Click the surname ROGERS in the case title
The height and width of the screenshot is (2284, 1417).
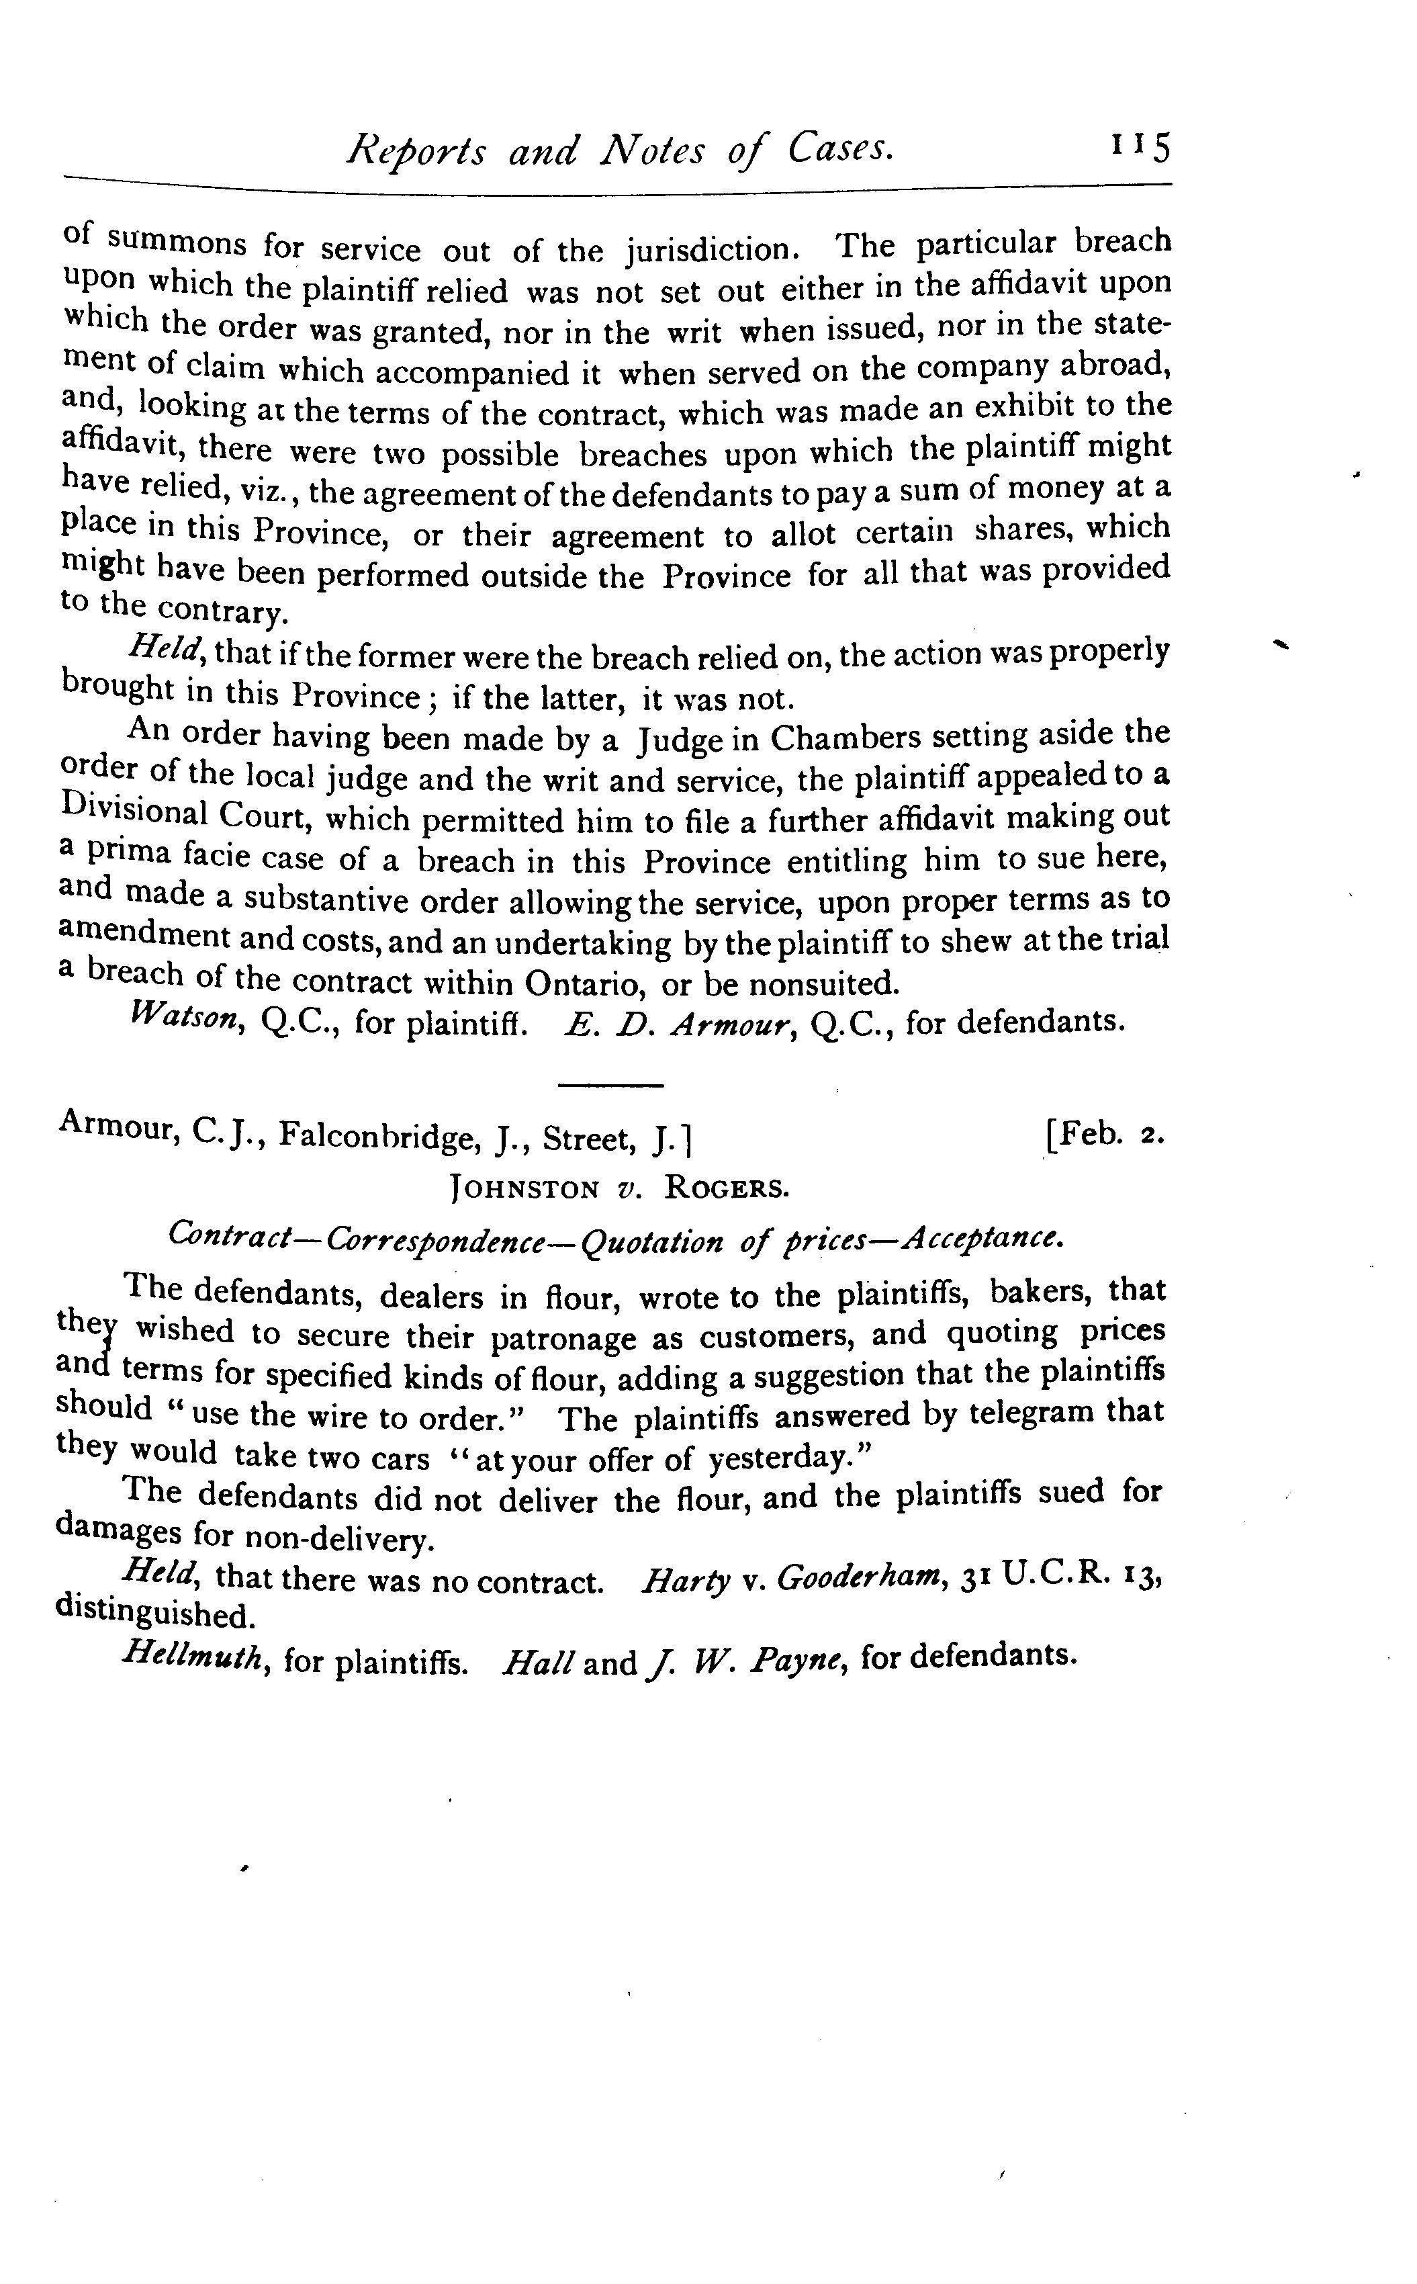click(727, 1188)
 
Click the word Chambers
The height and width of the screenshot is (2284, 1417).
click(845, 738)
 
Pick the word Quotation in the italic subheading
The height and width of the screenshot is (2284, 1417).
click(652, 1241)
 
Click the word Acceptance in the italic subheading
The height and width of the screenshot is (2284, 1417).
click(982, 1238)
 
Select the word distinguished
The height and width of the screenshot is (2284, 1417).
click(154, 1615)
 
